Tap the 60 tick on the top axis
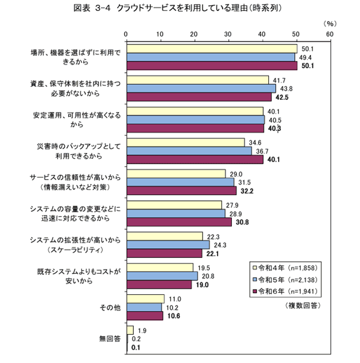coord(329,35)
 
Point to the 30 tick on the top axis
coord(228,35)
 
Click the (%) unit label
coord(329,24)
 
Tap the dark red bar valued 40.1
coord(194,159)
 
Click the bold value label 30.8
coord(242,221)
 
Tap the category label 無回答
coord(110,338)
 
